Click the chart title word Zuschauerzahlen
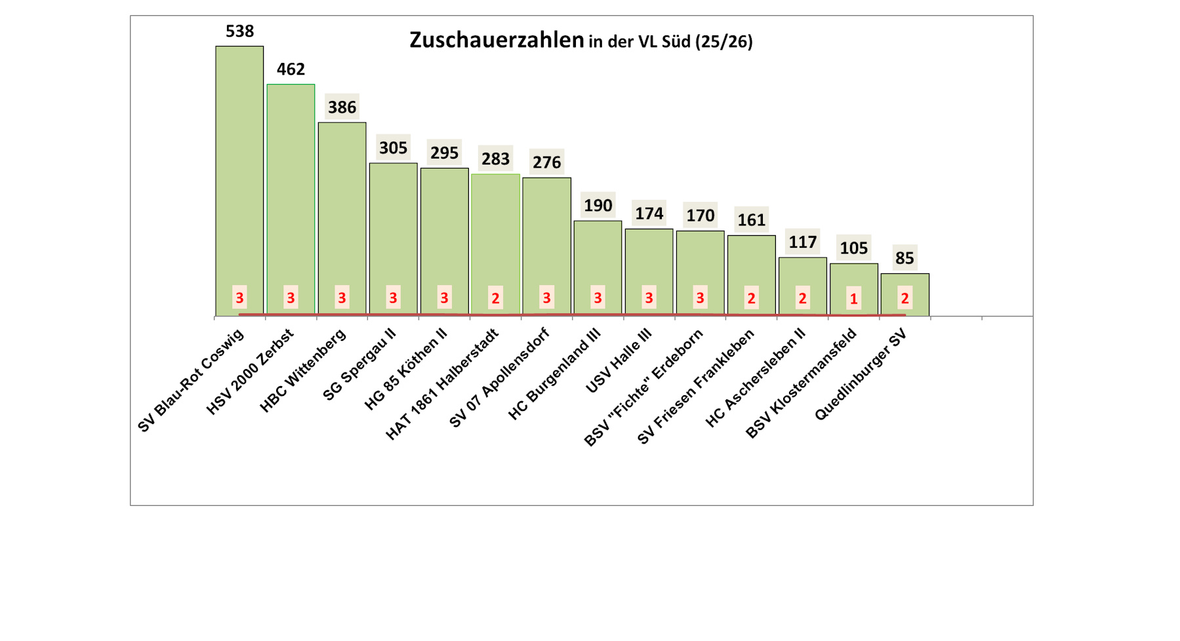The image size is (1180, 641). click(x=497, y=40)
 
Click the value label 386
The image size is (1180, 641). click(x=342, y=107)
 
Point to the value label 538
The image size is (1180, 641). click(x=239, y=31)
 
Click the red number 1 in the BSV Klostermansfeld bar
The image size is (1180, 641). click(x=853, y=299)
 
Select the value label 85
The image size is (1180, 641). click(x=905, y=258)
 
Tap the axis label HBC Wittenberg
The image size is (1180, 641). click(x=303, y=371)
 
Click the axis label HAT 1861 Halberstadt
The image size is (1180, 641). click(x=442, y=384)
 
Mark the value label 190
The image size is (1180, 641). click(x=598, y=205)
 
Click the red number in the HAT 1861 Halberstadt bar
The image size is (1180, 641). click(x=495, y=298)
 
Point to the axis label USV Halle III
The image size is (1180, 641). click(x=619, y=361)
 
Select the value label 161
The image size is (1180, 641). click(x=751, y=220)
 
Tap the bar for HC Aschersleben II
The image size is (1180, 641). click(x=802, y=275)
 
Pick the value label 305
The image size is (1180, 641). click(x=393, y=147)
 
